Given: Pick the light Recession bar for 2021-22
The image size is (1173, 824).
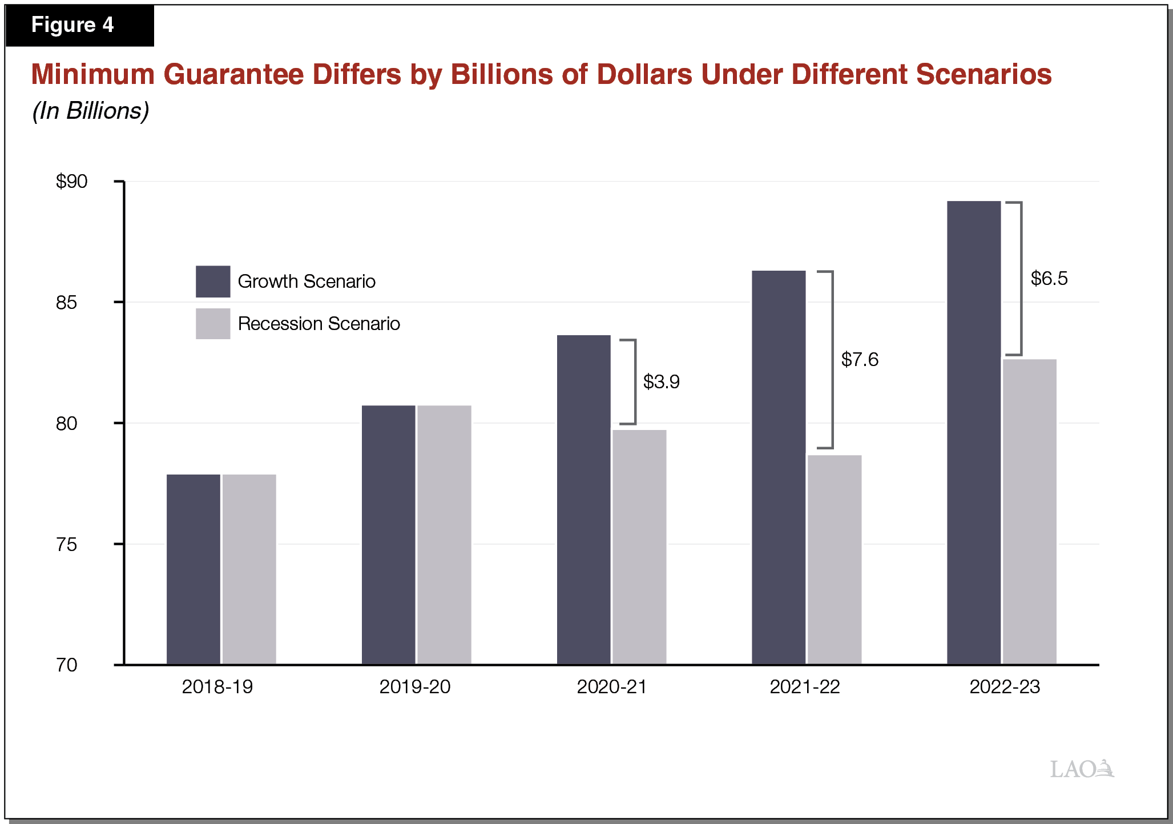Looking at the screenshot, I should tap(834, 560).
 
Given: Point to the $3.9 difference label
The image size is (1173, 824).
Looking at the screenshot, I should tap(661, 381).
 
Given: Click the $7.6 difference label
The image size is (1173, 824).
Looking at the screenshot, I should tap(860, 360).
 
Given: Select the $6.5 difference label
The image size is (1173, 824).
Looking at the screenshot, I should tap(1049, 279).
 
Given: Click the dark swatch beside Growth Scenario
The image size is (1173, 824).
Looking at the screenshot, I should tap(213, 281).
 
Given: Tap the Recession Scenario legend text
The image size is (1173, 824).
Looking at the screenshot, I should tap(319, 324).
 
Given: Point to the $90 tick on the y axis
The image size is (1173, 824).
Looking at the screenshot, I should tap(71, 182).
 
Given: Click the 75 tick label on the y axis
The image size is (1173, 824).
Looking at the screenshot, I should tap(66, 544).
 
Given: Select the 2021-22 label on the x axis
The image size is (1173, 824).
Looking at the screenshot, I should tap(804, 686).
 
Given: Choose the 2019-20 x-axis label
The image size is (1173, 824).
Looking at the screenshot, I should tap(414, 686).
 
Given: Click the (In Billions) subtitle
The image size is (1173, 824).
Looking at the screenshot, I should tap(90, 111).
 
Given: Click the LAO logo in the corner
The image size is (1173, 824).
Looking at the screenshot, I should tap(1081, 769).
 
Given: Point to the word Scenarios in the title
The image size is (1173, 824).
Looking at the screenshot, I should tap(983, 75).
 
